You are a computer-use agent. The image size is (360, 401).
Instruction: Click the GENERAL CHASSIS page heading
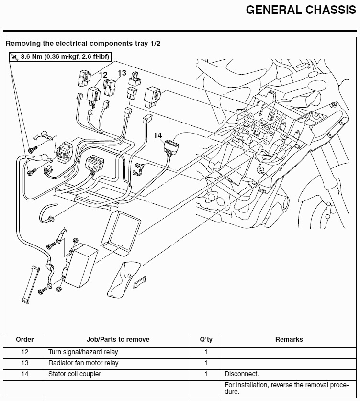[301, 11]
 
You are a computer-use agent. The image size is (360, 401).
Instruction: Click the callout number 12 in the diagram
[103, 75]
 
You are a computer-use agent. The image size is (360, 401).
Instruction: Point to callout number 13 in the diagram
[122, 73]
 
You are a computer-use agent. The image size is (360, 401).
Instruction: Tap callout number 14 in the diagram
[157, 135]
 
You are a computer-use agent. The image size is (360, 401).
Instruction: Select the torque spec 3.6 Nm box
[60, 57]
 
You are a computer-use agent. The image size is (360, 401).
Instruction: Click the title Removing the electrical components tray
[83, 43]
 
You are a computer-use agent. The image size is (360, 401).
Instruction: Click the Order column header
[25, 339]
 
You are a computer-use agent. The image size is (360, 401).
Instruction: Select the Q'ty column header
[206, 339]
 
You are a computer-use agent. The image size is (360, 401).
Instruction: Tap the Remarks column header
[289, 339]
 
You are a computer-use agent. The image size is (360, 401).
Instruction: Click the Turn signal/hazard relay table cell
[83, 352]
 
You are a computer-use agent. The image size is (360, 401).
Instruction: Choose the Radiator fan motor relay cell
[83, 363]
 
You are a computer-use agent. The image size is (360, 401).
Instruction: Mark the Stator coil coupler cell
[75, 374]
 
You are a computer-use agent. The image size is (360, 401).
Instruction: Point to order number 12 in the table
[25, 352]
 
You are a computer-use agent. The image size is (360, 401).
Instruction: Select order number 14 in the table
[25, 374]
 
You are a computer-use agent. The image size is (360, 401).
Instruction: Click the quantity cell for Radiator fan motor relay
[206, 363]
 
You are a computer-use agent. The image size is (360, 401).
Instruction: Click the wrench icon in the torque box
[15, 57]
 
